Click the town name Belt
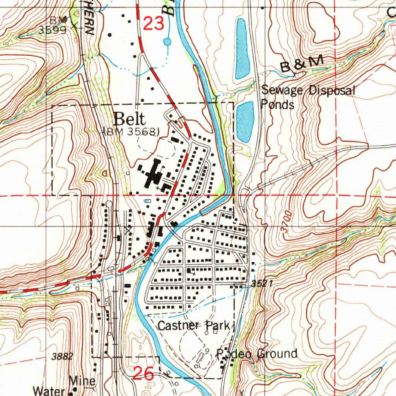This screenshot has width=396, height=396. [x=130, y=119]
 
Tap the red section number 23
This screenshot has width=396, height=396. [x=154, y=24]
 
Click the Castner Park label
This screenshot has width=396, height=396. [x=193, y=326]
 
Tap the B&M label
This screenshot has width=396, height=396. [x=302, y=64]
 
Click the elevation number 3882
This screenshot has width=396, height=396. [x=62, y=357]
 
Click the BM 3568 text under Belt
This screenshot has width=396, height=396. [x=132, y=131]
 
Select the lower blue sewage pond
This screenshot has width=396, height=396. [x=244, y=121]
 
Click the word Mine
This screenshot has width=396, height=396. [x=82, y=381]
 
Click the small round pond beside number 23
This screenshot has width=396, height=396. [x=167, y=41]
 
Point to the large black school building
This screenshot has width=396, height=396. [x=153, y=174]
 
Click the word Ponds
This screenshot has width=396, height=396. [x=277, y=104]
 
